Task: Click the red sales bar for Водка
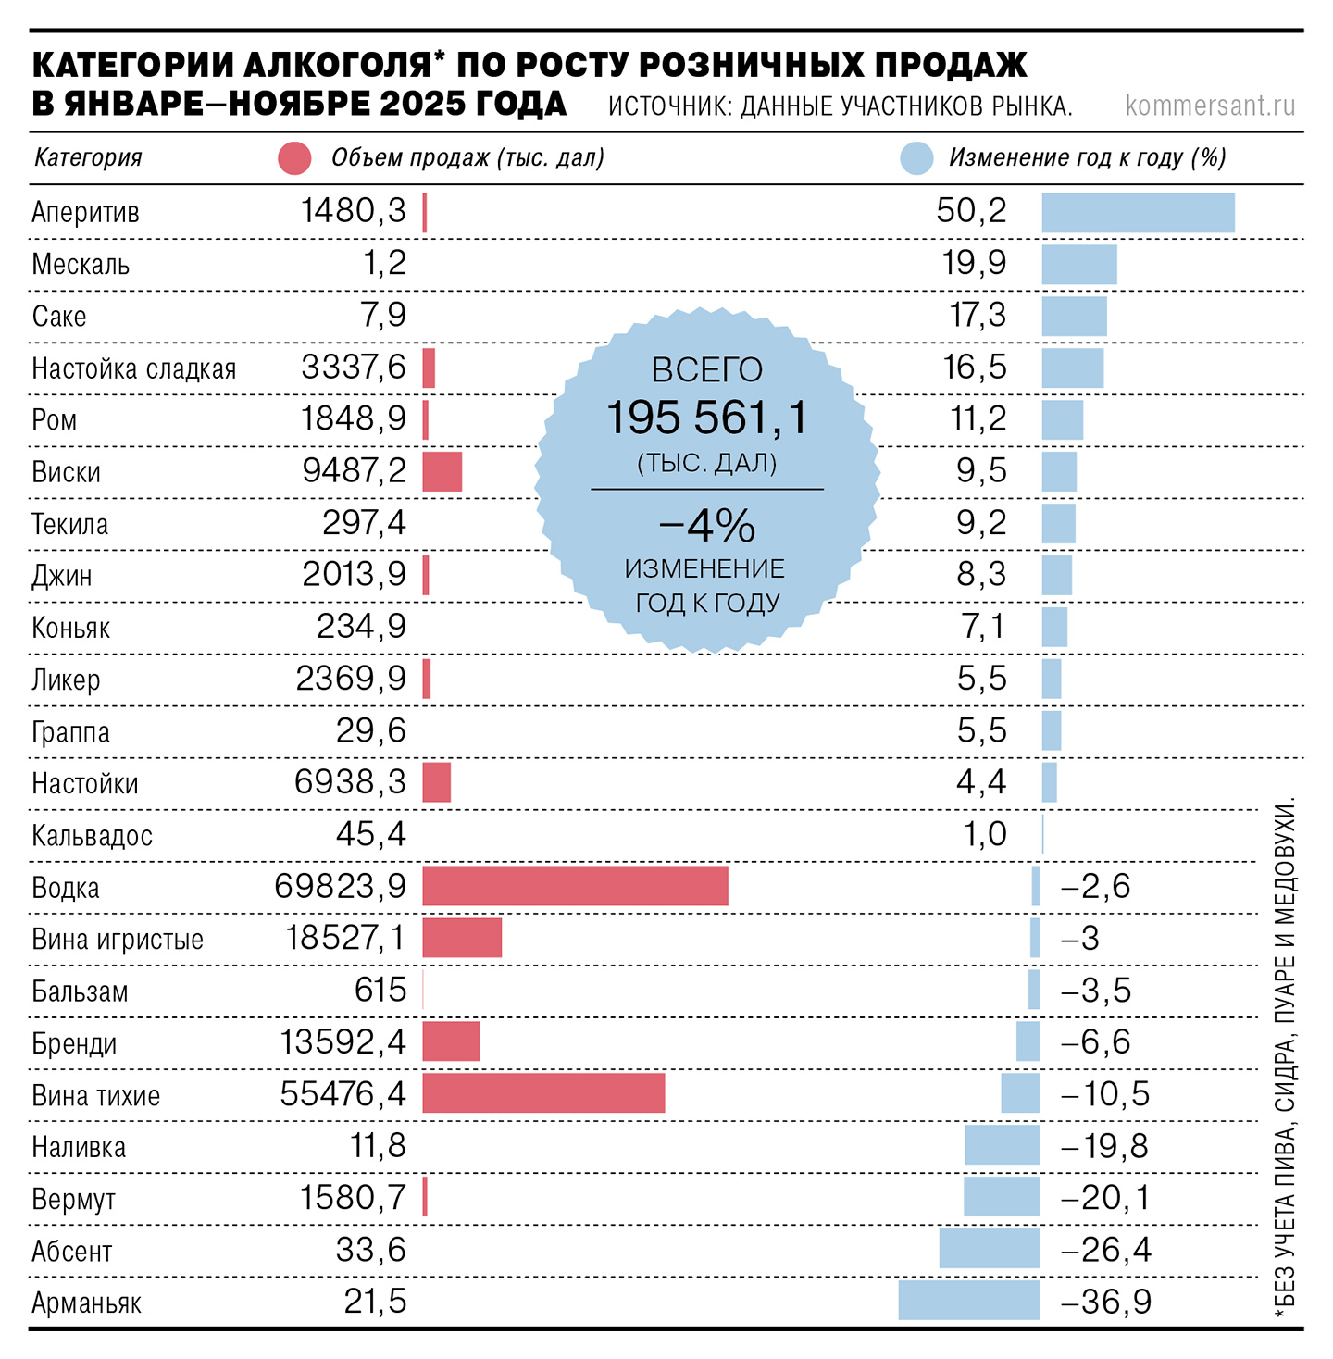click(x=575, y=886)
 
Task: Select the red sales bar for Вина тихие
click(x=543, y=1093)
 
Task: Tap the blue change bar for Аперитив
click(x=1138, y=212)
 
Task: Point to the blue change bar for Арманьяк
click(x=968, y=1301)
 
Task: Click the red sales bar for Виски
click(x=442, y=471)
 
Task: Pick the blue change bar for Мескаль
click(x=1078, y=264)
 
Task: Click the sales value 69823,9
click(x=341, y=886)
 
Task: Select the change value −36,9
click(x=1105, y=1302)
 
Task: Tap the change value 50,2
click(x=971, y=211)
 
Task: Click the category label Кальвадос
click(x=92, y=836)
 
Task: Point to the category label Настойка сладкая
click(x=133, y=368)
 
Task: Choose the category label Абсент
click(x=71, y=1252)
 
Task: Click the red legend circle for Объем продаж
click(x=294, y=158)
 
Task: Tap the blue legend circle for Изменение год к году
click(x=916, y=158)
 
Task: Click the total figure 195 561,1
click(x=707, y=418)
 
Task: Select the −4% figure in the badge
click(x=707, y=526)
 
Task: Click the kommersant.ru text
click(x=1210, y=106)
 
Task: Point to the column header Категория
click(x=88, y=157)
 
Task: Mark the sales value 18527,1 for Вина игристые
click(x=345, y=938)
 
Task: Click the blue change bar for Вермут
click(x=1001, y=1197)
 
